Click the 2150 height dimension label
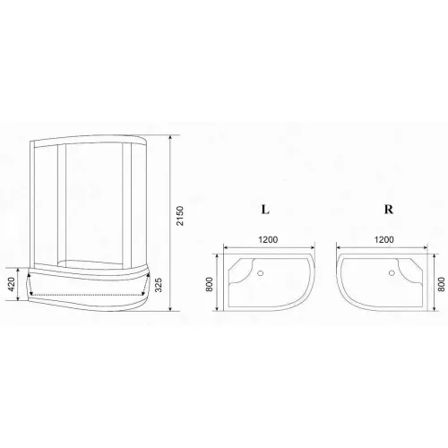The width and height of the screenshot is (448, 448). (180, 216)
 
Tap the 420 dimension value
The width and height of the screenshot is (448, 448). (11, 284)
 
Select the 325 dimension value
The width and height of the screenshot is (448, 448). (159, 285)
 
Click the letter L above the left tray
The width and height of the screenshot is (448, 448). (265, 210)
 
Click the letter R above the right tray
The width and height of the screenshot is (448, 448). (388, 210)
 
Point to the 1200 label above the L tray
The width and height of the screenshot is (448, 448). (268, 239)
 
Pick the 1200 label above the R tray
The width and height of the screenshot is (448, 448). (384, 239)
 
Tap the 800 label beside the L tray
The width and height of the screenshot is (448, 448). (210, 284)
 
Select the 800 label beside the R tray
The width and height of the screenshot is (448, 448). (442, 284)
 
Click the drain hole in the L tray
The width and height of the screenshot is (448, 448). (261, 272)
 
